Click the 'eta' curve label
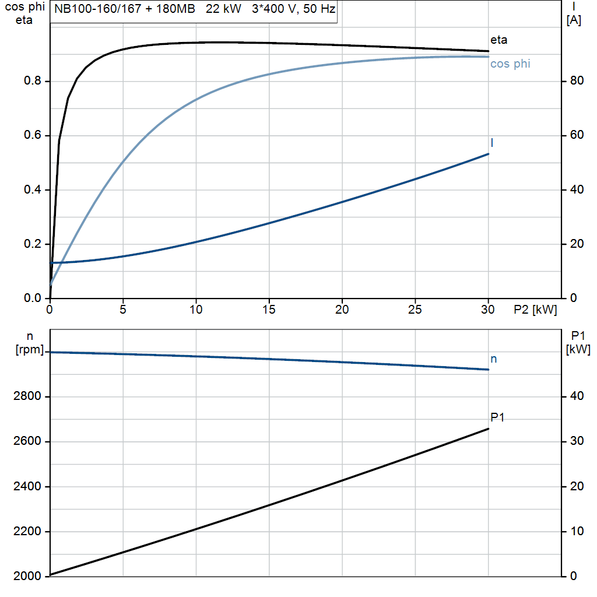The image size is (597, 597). pos(498,40)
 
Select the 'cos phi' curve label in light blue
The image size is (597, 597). pos(510,64)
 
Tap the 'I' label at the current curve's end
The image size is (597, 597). pos(492,143)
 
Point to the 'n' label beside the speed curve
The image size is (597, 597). pos(494,359)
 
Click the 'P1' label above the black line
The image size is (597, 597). pos(497,417)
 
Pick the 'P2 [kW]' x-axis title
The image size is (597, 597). pos(535,310)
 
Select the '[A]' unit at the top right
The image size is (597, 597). pos(574,20)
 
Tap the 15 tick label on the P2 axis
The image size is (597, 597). pos(269,310)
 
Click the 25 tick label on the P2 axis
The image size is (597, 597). pos(415,310)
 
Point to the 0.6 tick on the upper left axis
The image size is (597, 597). pos(32,135)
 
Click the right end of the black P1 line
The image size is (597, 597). pos(488,429)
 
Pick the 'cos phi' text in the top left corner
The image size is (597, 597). pos(23,8)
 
